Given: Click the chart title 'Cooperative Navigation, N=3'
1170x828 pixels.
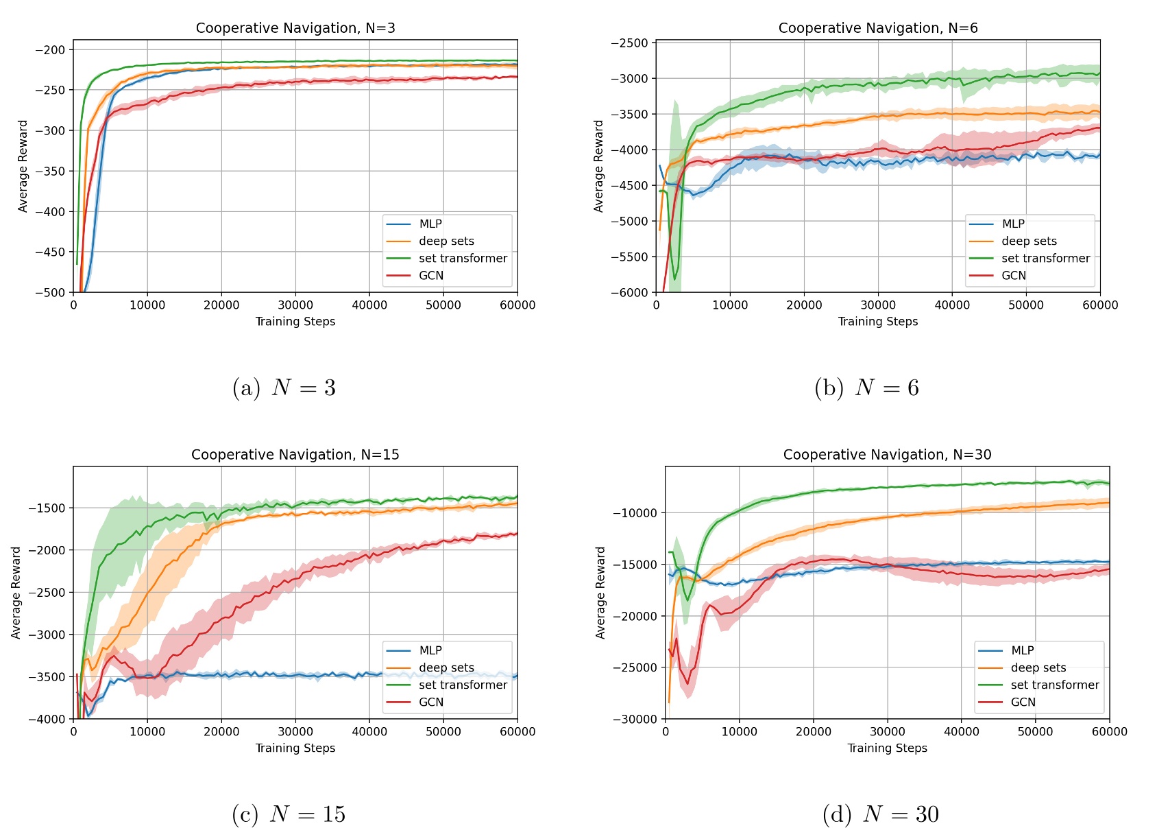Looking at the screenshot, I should (295, 28).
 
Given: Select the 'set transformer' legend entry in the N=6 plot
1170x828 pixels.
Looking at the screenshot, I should (1045, 259).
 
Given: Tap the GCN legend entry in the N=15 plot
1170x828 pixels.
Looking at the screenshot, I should (431, 702).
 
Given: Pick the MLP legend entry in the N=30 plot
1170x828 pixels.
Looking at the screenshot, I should (1022, 650).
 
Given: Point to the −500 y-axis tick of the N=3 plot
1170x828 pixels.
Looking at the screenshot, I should (50, 293).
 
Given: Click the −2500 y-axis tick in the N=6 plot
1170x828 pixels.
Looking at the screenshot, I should (629, 43).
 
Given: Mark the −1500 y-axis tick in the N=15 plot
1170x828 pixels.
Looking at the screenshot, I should (47, 508).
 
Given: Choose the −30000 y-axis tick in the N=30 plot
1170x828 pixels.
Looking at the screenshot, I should (635, 719).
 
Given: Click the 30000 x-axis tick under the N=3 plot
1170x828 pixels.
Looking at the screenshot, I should (295, 305).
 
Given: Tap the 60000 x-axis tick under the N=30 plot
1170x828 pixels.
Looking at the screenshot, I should (1109, 732).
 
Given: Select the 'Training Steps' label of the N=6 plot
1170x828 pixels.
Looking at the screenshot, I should (878, 322).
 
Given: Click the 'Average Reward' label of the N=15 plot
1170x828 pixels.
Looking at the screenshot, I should (16, 593).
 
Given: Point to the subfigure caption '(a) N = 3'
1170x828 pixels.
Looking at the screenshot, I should (284, 388).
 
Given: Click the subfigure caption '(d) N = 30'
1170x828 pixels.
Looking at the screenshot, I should (881, 814).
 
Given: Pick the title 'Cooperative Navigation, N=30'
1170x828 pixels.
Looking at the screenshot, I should (887, 455).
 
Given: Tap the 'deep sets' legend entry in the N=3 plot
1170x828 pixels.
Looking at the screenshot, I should (446, 241).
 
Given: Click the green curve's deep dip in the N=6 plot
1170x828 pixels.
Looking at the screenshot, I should (675, 279).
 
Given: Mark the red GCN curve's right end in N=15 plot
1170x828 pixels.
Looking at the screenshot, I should (516, 534).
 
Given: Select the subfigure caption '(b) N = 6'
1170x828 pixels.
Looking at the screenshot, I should (866, 388).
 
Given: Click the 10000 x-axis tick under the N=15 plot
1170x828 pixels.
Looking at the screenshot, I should (147, 732).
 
